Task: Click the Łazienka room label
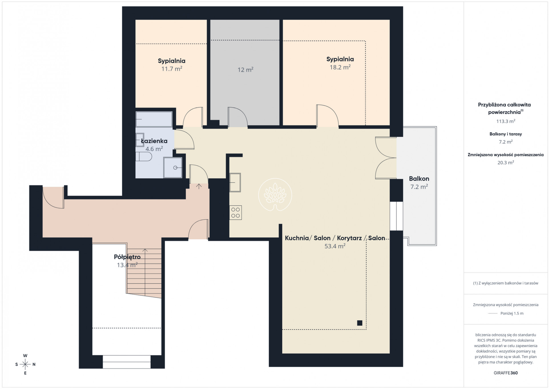tap(154, 141)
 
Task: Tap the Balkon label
tap(419, 179)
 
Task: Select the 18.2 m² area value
tap(340, 67)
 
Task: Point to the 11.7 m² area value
tap(172, 69)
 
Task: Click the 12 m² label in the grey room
tap(245, 70)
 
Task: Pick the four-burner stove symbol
tap(236, 212)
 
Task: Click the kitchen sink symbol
tap(235, 182)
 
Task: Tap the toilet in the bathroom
tap(144, 156)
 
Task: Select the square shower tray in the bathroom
tap(173, 168)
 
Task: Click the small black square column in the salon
tap(360, 323)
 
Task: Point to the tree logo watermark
tap(275, 195)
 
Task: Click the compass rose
tap(25, 364)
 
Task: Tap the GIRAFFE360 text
tap(505, 373)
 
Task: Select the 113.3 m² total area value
tap(505, 121)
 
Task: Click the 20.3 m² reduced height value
tap(505, 163)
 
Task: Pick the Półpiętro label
tap(127, 257)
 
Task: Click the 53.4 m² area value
tap(335, 246)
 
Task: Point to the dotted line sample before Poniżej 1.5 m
tap(493, 313)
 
